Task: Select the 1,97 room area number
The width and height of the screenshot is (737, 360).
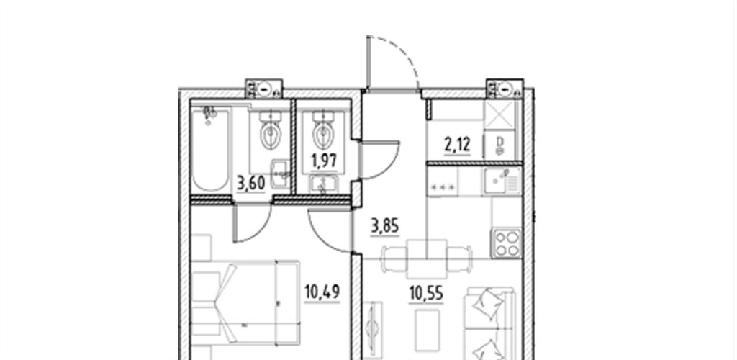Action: coord(323,161)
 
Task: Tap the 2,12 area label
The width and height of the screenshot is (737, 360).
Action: coord(457,144)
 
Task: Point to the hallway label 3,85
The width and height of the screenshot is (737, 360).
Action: coord(385,227)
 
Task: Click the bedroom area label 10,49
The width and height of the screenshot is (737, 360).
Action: coord(322,292)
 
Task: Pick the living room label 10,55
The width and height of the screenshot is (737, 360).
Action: coord(426,294)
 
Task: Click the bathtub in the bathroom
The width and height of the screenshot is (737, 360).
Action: coord(211,150)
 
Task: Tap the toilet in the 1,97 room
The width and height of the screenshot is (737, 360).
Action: coord(323,130)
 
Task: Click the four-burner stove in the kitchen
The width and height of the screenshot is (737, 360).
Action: coord(506,243)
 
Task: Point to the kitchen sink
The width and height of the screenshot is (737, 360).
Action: coord(501,181)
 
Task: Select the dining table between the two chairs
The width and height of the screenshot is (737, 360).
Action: coord(427,259)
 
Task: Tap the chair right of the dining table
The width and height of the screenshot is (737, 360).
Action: coord(459,259)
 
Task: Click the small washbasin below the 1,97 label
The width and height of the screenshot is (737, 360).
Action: coord(323,184)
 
